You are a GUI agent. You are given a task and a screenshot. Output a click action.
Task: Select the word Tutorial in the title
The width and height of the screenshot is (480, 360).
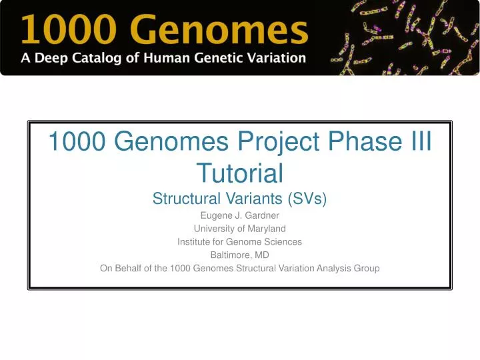(x=240, y=173)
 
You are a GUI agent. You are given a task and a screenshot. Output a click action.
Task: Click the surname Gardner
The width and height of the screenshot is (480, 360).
(x=261, y=215)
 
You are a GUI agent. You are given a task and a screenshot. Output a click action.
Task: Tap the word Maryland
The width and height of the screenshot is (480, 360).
(x=267, y=229)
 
